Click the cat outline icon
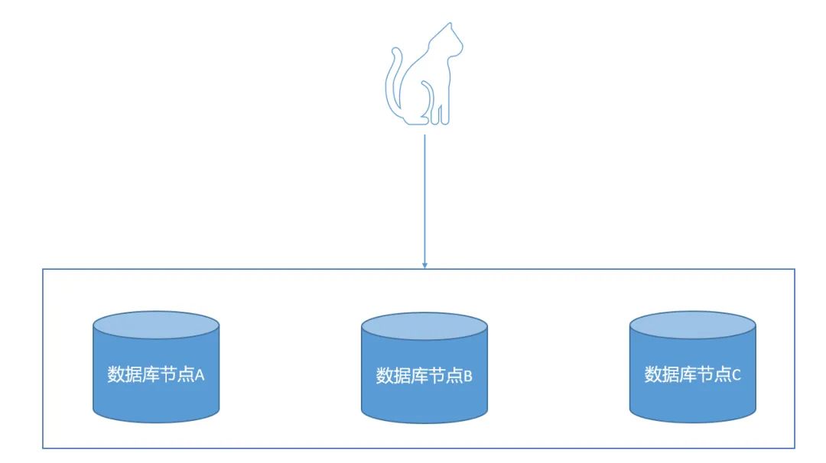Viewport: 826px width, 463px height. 422,80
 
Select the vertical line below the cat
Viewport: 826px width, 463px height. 424,199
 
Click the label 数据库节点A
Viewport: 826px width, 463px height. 156,375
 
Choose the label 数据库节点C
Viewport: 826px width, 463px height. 693,375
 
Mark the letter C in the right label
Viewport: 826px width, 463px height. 737,375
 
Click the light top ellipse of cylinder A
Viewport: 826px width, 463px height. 156,325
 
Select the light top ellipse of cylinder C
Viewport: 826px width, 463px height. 693,325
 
